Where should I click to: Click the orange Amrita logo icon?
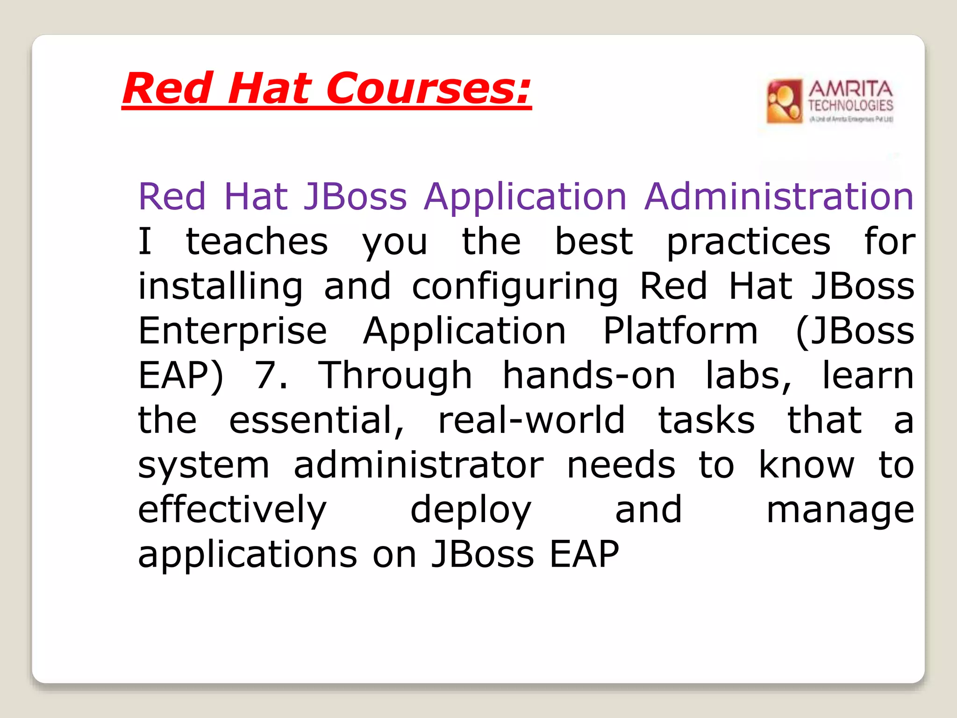pos(784,101)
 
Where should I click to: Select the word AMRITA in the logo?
pos(850,89)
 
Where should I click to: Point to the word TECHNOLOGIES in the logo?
pos(850,106)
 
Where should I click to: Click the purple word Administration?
pos(779,196)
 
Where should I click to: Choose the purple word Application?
pos(525,197)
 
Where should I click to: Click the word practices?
pos(749,242)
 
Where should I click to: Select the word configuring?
pos(514,287)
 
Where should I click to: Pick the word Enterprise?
pos(233,331)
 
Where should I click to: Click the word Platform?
pos(680,330)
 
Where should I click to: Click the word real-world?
pos(531,420)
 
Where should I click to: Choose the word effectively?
pos(232,510)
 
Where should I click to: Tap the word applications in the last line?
pos(248,555)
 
